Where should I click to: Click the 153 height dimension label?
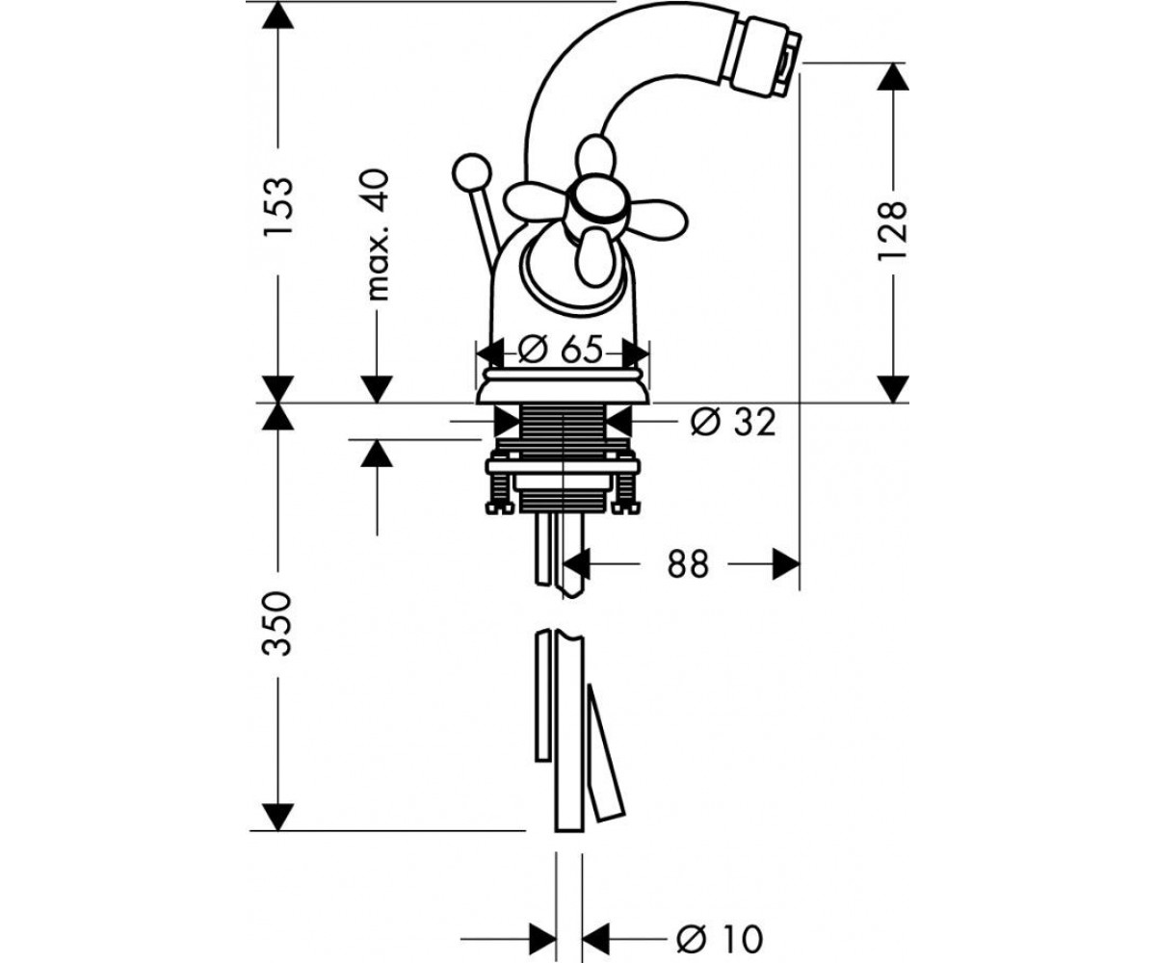277,207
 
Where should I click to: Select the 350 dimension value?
277,623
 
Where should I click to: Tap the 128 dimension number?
892,229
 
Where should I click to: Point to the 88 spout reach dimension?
688,564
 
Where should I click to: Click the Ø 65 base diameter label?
561,350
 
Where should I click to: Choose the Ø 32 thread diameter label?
732,424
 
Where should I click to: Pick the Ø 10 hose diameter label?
720,923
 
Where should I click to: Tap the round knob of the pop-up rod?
472,171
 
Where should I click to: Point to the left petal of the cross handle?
536,201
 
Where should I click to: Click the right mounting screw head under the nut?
627,508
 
